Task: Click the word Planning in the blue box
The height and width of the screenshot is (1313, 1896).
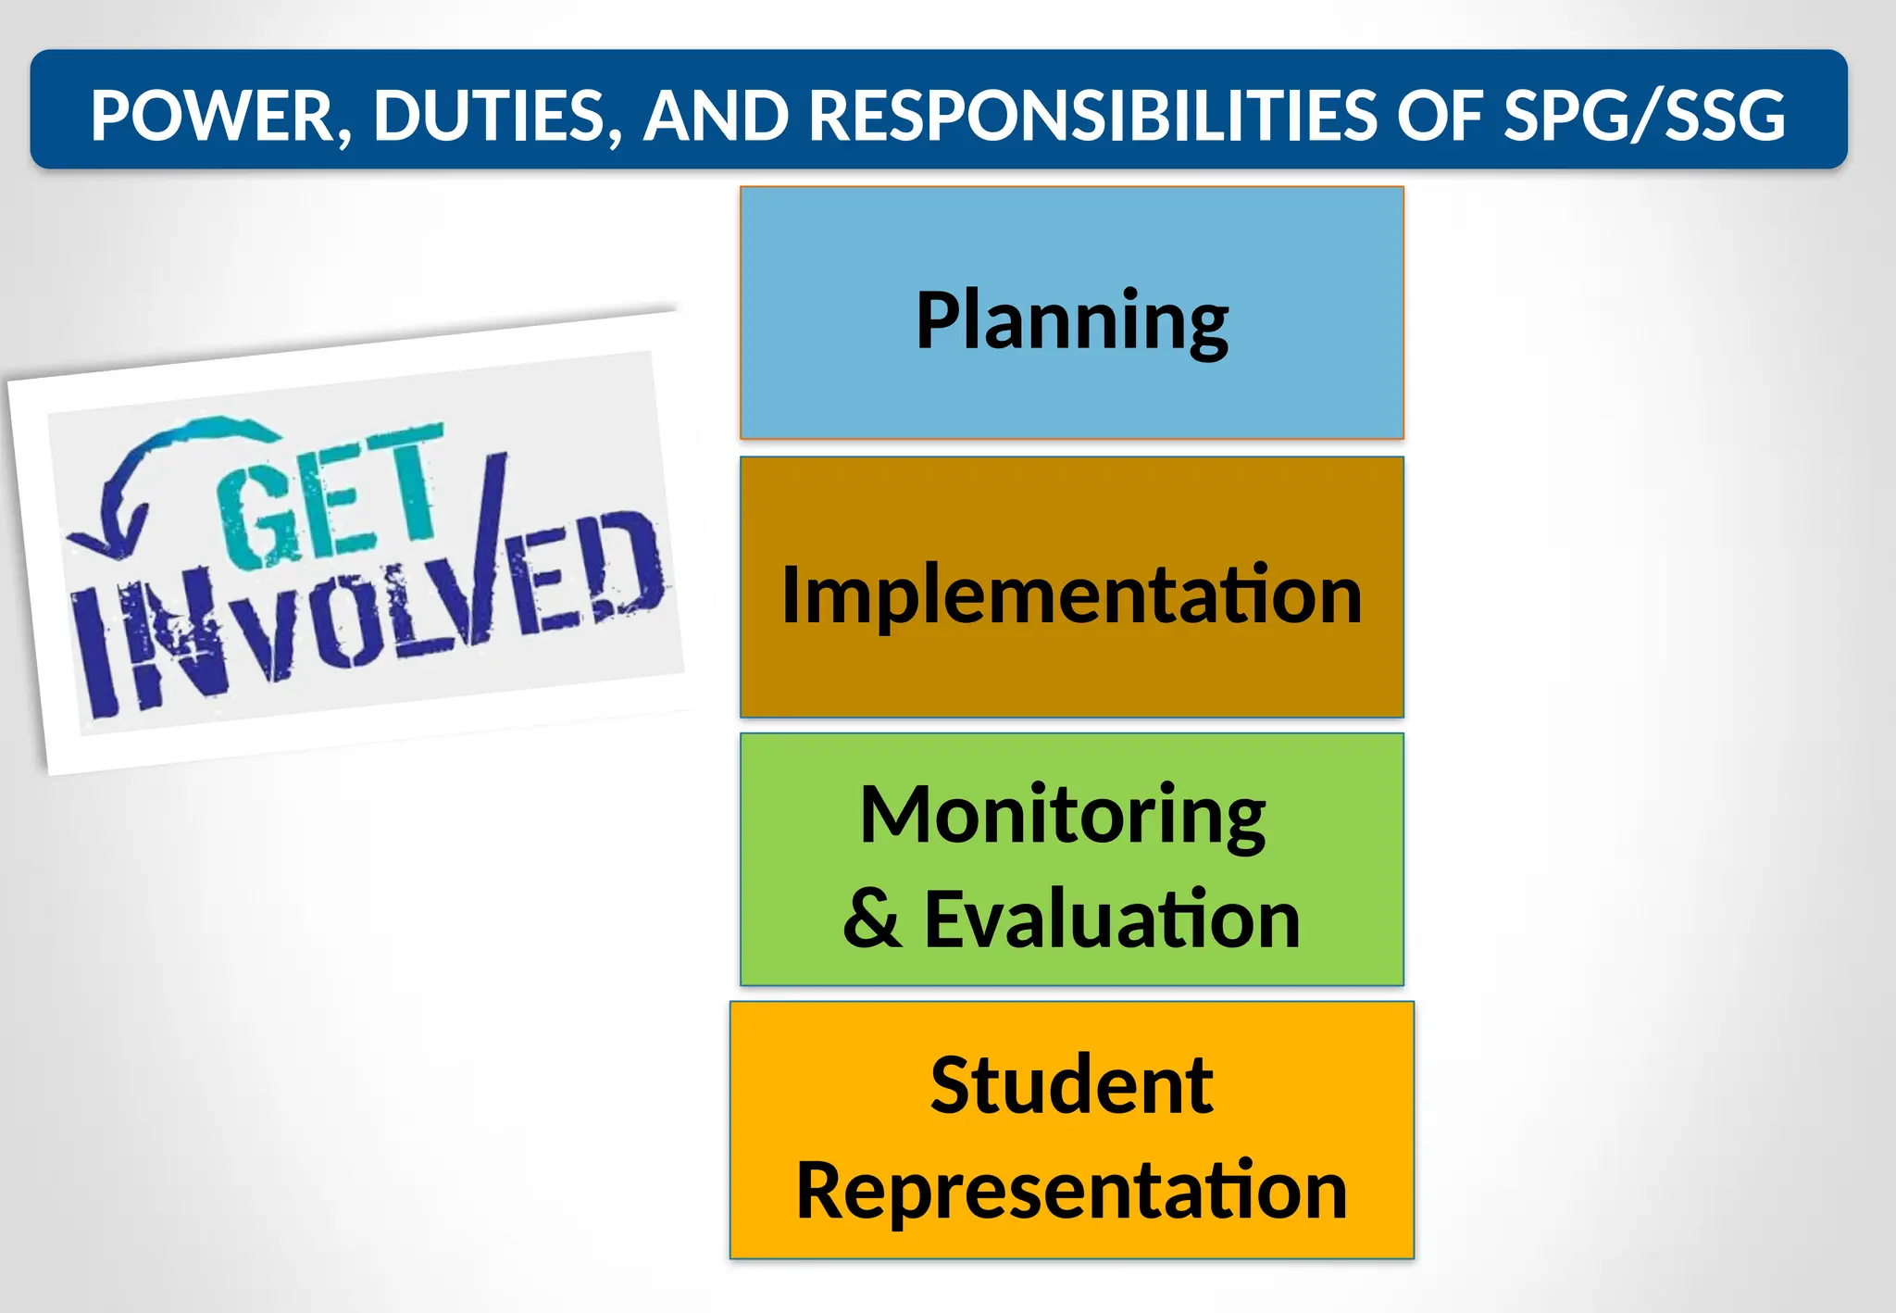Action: [1071, 320]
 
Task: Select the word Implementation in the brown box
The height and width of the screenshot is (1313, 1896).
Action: [1071, 594]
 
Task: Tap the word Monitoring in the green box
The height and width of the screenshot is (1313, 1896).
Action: [1062, 815]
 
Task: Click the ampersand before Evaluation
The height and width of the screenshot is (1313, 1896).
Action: [871, 919]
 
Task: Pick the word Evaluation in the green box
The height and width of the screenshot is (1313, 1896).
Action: [1112, 919]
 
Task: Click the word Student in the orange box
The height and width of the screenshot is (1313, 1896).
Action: [1071, 1085]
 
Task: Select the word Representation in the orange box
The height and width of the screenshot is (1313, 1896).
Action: [1071, 1191]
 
